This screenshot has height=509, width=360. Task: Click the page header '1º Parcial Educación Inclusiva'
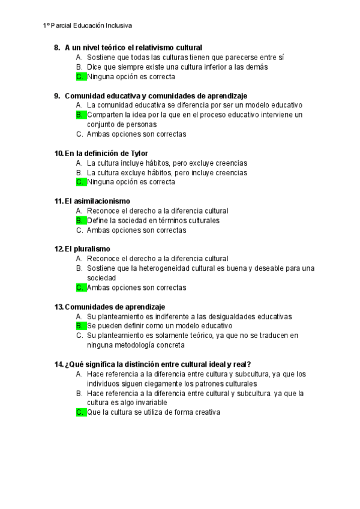pos(88,26)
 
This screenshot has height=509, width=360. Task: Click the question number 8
pos(57,47)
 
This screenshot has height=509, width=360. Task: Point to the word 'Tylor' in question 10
pos(138,153)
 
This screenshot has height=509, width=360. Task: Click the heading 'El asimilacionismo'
pos(97,201)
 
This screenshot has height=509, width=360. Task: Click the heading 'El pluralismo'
pos(88,249)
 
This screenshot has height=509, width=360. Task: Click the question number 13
pos(58,307)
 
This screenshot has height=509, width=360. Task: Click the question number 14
pos(58,364)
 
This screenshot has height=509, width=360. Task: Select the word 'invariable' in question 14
pos(148,403)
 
